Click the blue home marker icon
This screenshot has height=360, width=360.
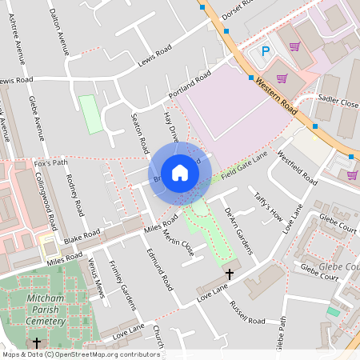180,172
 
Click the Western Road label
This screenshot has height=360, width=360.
277,87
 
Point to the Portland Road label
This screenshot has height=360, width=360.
189,86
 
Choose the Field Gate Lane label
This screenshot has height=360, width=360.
245,162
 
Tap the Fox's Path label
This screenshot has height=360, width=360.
49,163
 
